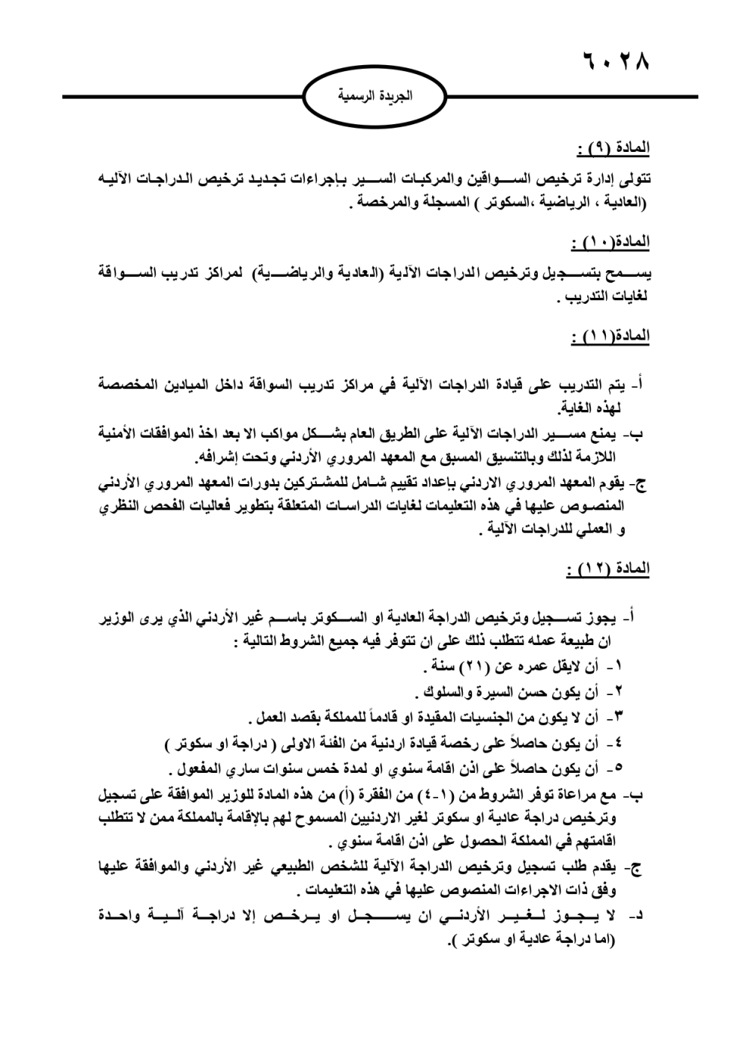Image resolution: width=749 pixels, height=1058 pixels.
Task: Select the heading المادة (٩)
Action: pos(613,149)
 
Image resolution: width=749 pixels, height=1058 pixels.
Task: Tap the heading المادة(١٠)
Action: pos(610,242)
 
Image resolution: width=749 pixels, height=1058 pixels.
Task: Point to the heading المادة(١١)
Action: pos(610,335)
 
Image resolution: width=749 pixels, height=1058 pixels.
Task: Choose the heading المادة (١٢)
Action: pos(608,569)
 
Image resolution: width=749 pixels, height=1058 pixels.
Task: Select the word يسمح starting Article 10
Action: pos(627,273)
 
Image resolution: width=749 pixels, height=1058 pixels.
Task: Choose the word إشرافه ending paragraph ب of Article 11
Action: pos(217,457)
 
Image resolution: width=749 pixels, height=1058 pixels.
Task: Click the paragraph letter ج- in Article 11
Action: pos(639,483)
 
